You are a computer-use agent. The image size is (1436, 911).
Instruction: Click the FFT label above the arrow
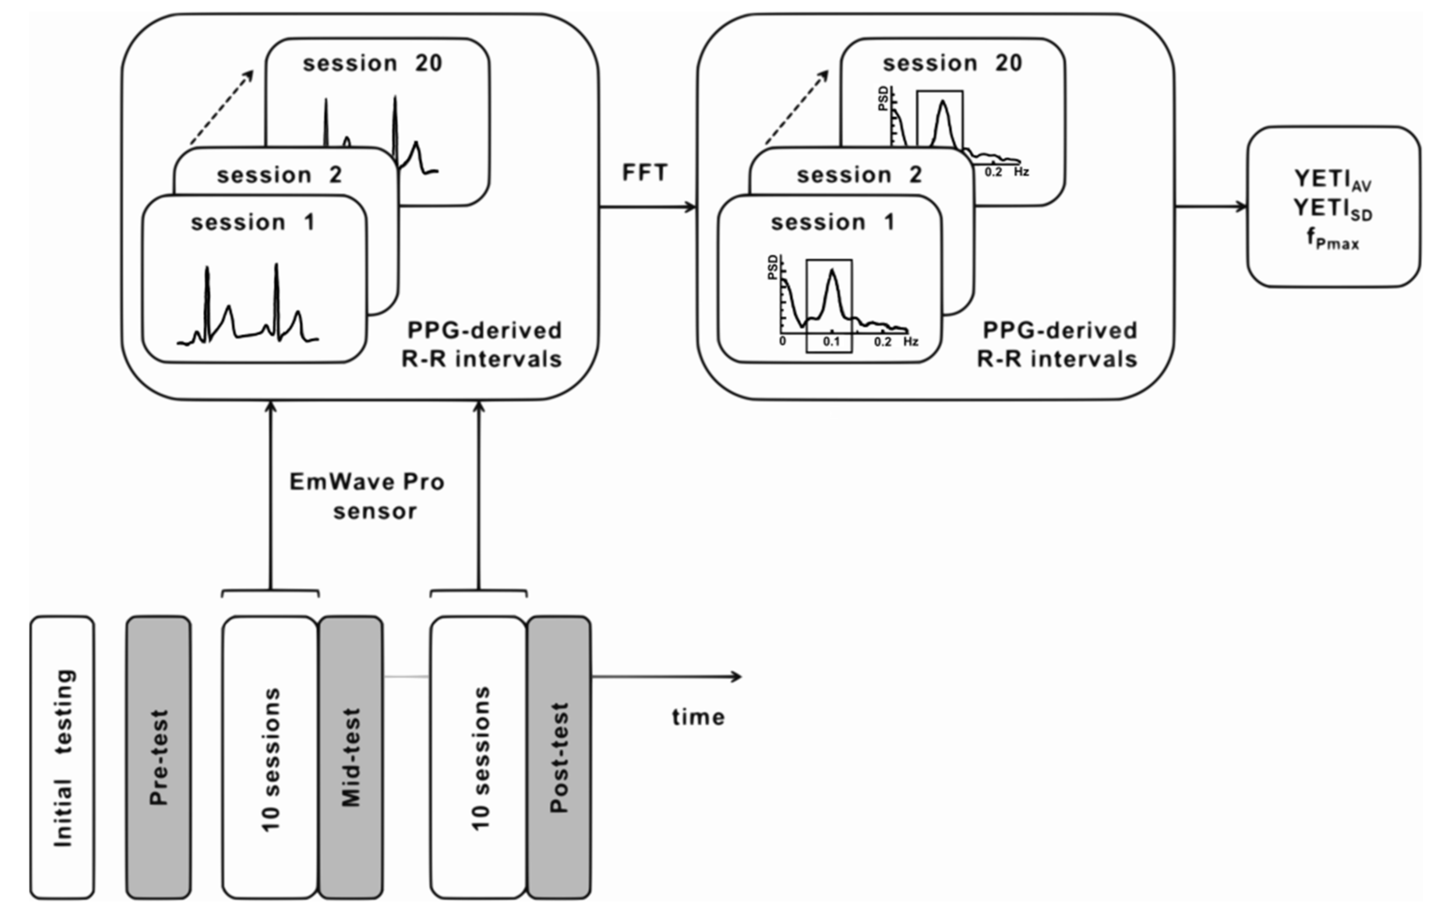(645, 173)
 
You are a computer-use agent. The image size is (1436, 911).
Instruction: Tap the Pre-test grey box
(159, 757)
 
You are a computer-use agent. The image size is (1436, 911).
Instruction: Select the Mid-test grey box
(351, 757)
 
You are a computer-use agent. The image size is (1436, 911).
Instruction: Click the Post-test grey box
(559, 757)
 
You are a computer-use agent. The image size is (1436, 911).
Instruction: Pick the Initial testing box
(63, 757)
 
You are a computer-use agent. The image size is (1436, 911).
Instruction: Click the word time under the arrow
(698, 717)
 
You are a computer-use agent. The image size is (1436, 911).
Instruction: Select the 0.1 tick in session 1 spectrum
(831, 342)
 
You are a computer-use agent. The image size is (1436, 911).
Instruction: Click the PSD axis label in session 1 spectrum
(773, 267)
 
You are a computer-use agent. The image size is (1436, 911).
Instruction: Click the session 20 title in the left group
(373, 63)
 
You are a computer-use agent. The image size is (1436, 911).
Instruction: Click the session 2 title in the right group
(859, 175)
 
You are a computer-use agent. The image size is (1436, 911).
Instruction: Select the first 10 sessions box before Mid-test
(270, 757)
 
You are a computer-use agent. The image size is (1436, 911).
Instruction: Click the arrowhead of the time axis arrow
(737, 677)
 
